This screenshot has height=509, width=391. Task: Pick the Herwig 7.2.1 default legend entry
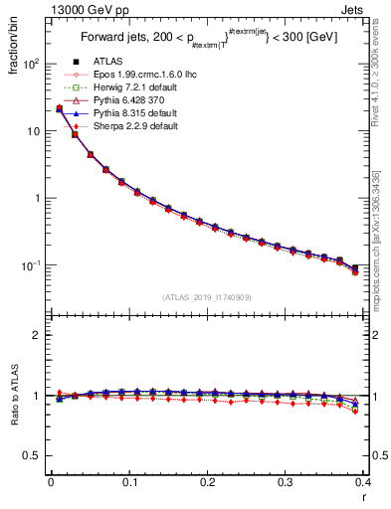(120, 87)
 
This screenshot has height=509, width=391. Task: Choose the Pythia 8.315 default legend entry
(120, 113)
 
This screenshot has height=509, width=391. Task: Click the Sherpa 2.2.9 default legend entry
(120, 126)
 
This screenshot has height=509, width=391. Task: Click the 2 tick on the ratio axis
(37, 335)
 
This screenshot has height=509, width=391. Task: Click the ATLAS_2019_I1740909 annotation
(206, 297)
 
